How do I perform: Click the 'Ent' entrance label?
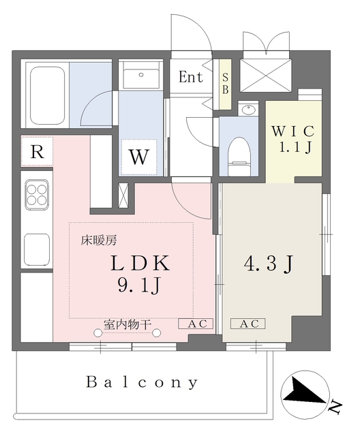click(x=191, y=77)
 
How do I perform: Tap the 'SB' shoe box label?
click(x=224, y=84)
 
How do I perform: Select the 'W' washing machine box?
click(x=139, y=157)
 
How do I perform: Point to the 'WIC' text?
click(x=292, y=130)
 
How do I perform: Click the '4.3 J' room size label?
click(x=269, y=264)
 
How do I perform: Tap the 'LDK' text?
click(x=140, y=262)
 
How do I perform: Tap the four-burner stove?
click(x=37, y=195)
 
